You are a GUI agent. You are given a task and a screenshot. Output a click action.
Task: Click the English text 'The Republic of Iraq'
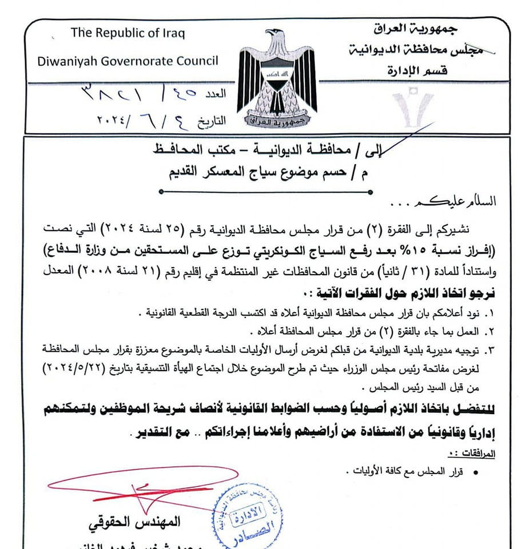[128, 33]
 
